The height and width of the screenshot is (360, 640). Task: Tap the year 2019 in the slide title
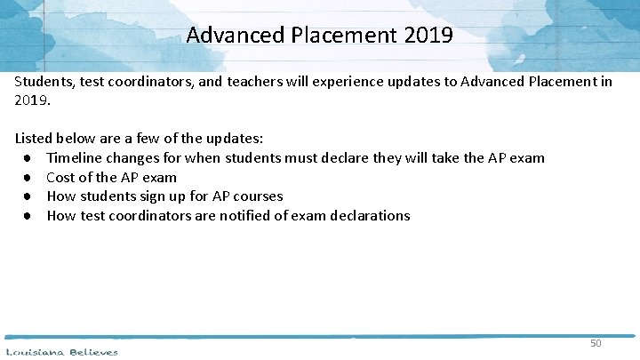428,36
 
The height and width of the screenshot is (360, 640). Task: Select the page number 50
596,343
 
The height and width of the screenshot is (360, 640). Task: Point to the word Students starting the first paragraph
42,81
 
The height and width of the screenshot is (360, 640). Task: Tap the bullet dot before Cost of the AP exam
28,178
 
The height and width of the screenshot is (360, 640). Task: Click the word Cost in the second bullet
61,178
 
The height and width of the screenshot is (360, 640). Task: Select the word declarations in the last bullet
367,215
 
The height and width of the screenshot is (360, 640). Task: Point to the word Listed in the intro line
34,139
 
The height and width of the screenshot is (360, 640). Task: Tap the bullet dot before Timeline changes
28,158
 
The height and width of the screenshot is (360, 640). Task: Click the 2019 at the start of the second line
30,100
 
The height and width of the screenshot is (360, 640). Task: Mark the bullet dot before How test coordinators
28,215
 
